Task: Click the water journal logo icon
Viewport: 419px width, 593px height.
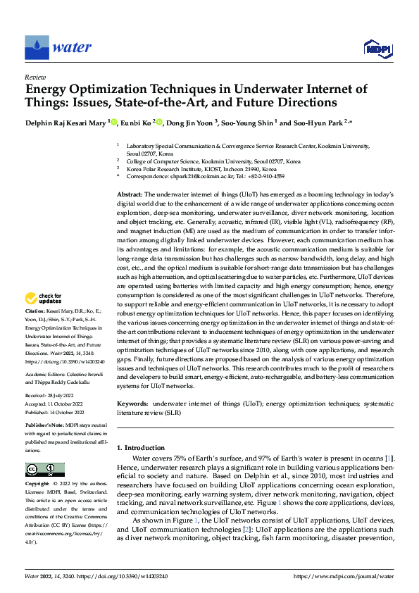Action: point(37,48)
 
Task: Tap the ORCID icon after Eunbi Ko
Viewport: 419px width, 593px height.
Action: point(159,123)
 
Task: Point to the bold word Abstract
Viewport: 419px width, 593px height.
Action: point(129,193)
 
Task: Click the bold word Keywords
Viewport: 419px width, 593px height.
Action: point(132,404)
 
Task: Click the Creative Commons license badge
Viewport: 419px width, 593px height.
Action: point(45,469)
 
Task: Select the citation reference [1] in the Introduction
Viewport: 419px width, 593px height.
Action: point(388,458)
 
